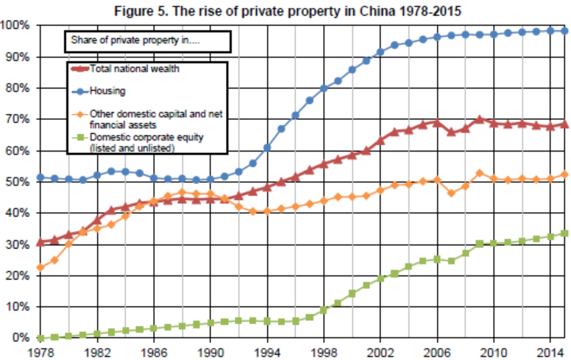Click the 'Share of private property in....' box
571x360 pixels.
(x=148, y=42)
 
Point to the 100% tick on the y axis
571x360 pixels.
(x=15, y=26)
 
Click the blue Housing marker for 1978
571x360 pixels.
(x=40, y=177)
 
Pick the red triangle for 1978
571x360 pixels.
(x=40, y=242)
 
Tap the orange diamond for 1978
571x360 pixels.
(x=40, y=267)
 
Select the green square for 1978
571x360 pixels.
(x=40, y=338)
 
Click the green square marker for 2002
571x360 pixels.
(x=381, y=278)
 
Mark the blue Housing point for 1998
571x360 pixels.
(x=324, y=88)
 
